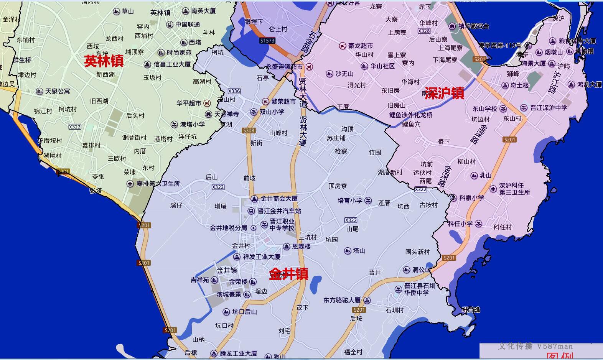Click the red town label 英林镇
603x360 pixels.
point(104,61)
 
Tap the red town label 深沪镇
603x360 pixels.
point(444,93)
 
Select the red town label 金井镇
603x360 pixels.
point(288,274)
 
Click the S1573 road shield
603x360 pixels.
point(267,40)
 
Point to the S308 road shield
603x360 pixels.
point(249,130)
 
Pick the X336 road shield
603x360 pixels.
point(234,91)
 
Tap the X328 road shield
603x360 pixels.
point(424,31)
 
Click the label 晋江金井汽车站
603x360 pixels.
point(279,211)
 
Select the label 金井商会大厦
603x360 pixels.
point(279,199)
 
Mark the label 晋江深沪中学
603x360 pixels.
point(549,108)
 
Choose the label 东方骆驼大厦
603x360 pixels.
point(342,300)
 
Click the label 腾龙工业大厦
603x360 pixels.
point(238,353)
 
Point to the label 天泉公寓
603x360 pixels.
point(58,91)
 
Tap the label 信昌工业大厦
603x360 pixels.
point(172,64)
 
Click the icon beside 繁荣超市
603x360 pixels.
point(265,101)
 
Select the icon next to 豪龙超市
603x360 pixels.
point(343,46)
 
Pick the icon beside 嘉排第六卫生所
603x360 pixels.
point(130,184)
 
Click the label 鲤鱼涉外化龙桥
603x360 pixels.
point(411,115)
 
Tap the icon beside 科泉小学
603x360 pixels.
point(454,198)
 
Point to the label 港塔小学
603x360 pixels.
point(193,124)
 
